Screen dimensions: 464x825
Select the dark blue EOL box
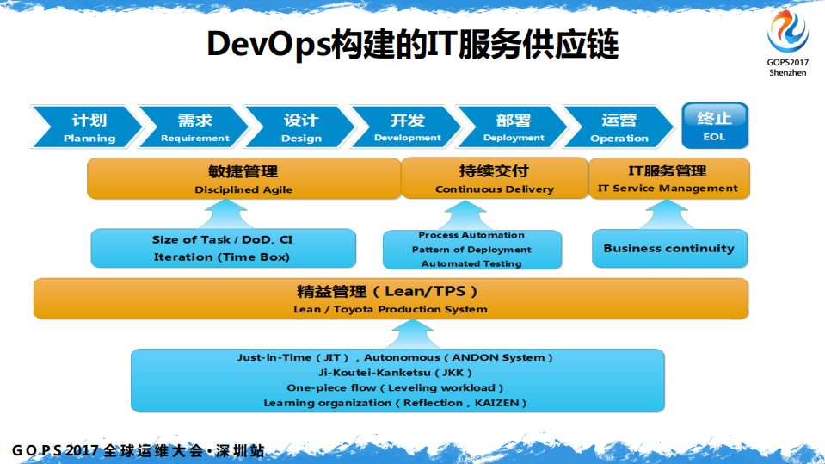714,126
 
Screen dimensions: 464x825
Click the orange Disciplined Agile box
243,179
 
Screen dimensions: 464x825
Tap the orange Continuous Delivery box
494,179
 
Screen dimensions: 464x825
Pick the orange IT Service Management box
668,179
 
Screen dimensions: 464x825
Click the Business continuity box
668,248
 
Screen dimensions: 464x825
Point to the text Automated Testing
471,263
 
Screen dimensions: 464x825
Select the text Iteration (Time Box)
222,257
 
